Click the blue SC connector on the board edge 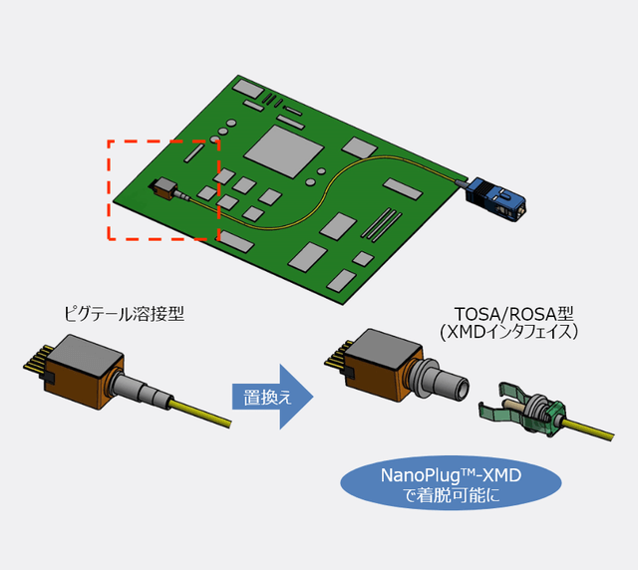click(x=498, y=196)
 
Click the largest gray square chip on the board click(x=285, y=150)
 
